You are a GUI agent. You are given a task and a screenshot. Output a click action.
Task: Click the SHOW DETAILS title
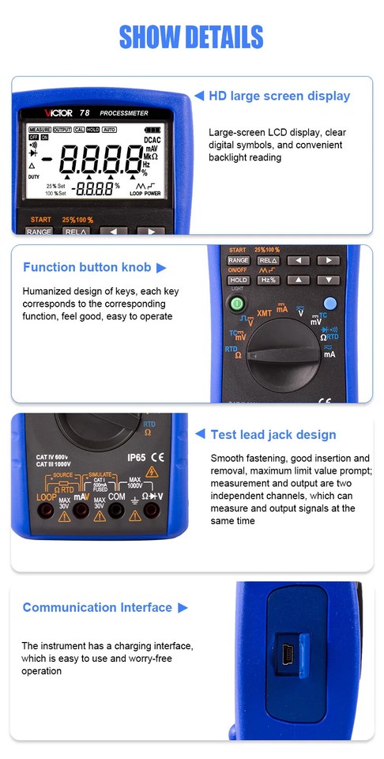pos(191,36)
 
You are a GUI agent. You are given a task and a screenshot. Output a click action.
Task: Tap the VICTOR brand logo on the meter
pos(61,114)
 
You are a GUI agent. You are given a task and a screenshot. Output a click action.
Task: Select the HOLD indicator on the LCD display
pos(93,130)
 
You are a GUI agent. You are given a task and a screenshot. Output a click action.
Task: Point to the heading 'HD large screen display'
pos(279,96)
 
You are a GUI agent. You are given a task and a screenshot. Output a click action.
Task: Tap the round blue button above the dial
pos(330,302)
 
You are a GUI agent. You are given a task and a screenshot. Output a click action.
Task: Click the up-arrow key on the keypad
pos(298,280)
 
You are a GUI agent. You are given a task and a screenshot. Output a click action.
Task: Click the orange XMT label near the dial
pos(265,313)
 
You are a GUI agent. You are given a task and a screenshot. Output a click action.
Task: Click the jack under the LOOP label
pos(46,512)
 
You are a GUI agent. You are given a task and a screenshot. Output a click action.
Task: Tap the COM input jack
pos(116,512)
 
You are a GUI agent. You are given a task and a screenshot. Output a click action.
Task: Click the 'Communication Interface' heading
pos(97,607)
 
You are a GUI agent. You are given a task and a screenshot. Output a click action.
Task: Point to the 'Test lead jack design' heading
pos(273,434)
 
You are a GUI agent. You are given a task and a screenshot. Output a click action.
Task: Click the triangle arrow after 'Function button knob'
pos(161,268)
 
